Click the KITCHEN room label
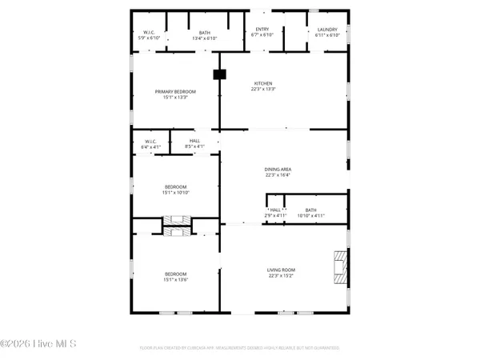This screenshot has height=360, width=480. (264, 83)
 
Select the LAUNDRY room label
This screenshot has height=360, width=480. (327, 30)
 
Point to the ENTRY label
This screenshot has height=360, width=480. (262, 30)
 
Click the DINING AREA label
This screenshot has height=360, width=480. (277, 170)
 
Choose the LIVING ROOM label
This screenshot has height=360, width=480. (281, 270)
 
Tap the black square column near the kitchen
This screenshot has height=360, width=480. (217, 74)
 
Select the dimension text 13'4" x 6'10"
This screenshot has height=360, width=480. (206, 36)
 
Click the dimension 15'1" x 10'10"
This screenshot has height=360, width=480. (175, 192)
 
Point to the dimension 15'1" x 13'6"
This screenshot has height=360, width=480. (175, 279)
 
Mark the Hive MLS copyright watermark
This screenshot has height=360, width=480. (38, 345)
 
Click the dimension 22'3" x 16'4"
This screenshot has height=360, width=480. (277, 176)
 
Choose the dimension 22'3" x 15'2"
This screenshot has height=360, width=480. (281, 277)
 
